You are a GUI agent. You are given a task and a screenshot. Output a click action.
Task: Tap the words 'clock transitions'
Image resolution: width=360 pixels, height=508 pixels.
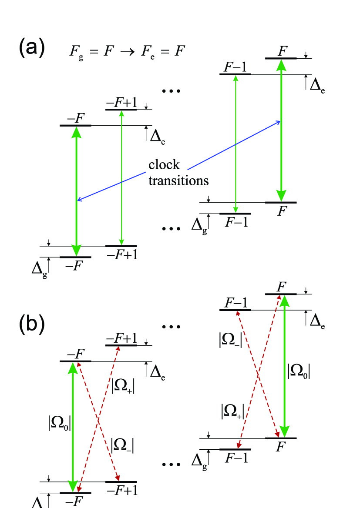178,172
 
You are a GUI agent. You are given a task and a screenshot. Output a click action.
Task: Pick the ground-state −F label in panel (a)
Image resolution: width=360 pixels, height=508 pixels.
74,266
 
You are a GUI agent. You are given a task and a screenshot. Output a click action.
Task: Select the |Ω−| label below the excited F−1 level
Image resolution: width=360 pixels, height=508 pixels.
230,339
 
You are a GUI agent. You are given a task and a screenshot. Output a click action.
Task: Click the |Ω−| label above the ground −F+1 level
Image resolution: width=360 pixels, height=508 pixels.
122,444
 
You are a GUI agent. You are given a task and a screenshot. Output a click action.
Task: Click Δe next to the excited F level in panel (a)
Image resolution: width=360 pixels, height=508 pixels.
317,85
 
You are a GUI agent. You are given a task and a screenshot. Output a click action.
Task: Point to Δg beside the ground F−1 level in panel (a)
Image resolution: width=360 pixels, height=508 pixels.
199,225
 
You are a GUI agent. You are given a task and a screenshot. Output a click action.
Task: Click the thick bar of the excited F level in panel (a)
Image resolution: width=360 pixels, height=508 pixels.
281,58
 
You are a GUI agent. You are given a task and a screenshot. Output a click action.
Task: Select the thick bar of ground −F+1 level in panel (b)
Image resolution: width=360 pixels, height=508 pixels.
121,482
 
